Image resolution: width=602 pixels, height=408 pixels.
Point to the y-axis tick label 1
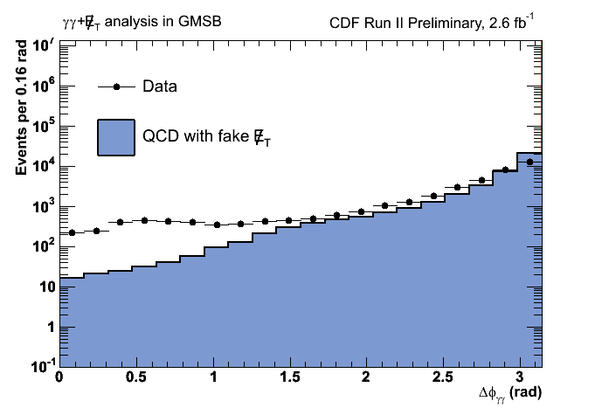(x=50, y=327)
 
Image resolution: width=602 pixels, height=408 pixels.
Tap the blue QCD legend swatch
(x=115, y=137)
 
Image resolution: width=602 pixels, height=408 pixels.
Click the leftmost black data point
(x=72, y=233)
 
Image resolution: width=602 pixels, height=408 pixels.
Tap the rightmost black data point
(x=529, y=162)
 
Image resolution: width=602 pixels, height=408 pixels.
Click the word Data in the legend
(x=160, y=86)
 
